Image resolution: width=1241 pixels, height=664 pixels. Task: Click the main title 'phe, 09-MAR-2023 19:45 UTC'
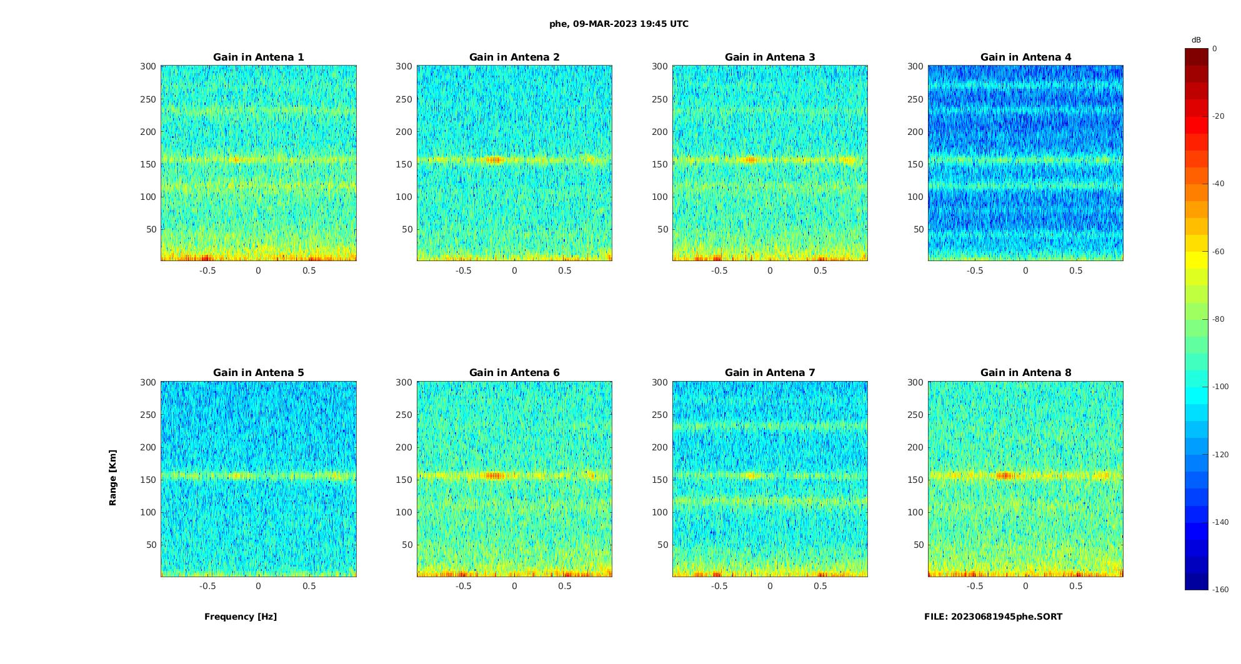[619, 24]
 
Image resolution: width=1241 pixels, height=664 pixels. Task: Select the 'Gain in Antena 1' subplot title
[258, 57]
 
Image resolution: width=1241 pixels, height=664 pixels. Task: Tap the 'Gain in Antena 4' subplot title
[1025, 57]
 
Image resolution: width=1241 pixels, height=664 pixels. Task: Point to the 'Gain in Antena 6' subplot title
[514, 372]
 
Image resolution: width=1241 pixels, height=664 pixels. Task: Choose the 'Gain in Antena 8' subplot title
[1025, 372]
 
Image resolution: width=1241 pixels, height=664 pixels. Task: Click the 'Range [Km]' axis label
[112, 477]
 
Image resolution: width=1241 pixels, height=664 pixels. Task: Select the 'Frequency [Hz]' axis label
[241, 617]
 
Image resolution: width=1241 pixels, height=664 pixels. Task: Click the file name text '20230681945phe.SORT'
[1006, 617]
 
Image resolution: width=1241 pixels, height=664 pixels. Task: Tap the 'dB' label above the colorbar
[1196, 40]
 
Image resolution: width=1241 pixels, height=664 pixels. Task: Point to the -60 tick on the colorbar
[1218, 252]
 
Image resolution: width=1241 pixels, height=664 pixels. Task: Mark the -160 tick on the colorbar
[1220, 590]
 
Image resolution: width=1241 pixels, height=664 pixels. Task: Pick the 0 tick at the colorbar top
[1214, 49]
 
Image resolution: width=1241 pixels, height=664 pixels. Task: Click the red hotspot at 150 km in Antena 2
[494, 160]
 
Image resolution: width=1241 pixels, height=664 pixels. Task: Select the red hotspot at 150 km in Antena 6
[494, 475]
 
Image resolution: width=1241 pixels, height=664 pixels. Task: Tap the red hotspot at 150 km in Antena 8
[1004, 475]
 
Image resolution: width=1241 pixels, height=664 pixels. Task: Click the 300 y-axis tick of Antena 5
[148, 382]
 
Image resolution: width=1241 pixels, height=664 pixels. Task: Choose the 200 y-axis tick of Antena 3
[660, 132]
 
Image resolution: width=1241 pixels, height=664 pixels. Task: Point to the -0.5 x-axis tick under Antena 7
[719, 586]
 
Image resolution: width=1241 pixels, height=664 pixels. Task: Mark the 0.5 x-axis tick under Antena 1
[309, 270]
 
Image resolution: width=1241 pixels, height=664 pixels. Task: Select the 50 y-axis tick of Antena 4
[918, 229]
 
